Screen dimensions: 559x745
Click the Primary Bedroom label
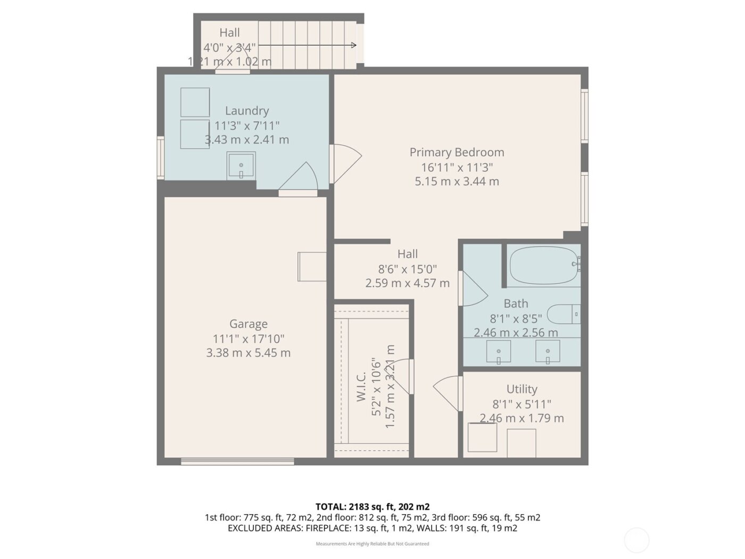[457, 152]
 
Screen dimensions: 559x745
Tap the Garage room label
[248, 324]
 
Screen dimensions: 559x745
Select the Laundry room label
[246, 111]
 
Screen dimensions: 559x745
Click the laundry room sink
[241, 165]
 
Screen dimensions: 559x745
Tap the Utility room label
[521, 389]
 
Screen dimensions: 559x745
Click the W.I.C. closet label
[361, 387]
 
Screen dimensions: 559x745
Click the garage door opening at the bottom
[237, 461]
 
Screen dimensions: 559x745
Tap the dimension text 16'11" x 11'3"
[457, 167]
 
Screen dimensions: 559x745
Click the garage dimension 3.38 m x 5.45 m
[248, 353]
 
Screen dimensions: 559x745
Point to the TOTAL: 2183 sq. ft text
[372, 507]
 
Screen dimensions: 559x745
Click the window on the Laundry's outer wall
[160, 157]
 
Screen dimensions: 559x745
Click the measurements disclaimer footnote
[372, 544]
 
